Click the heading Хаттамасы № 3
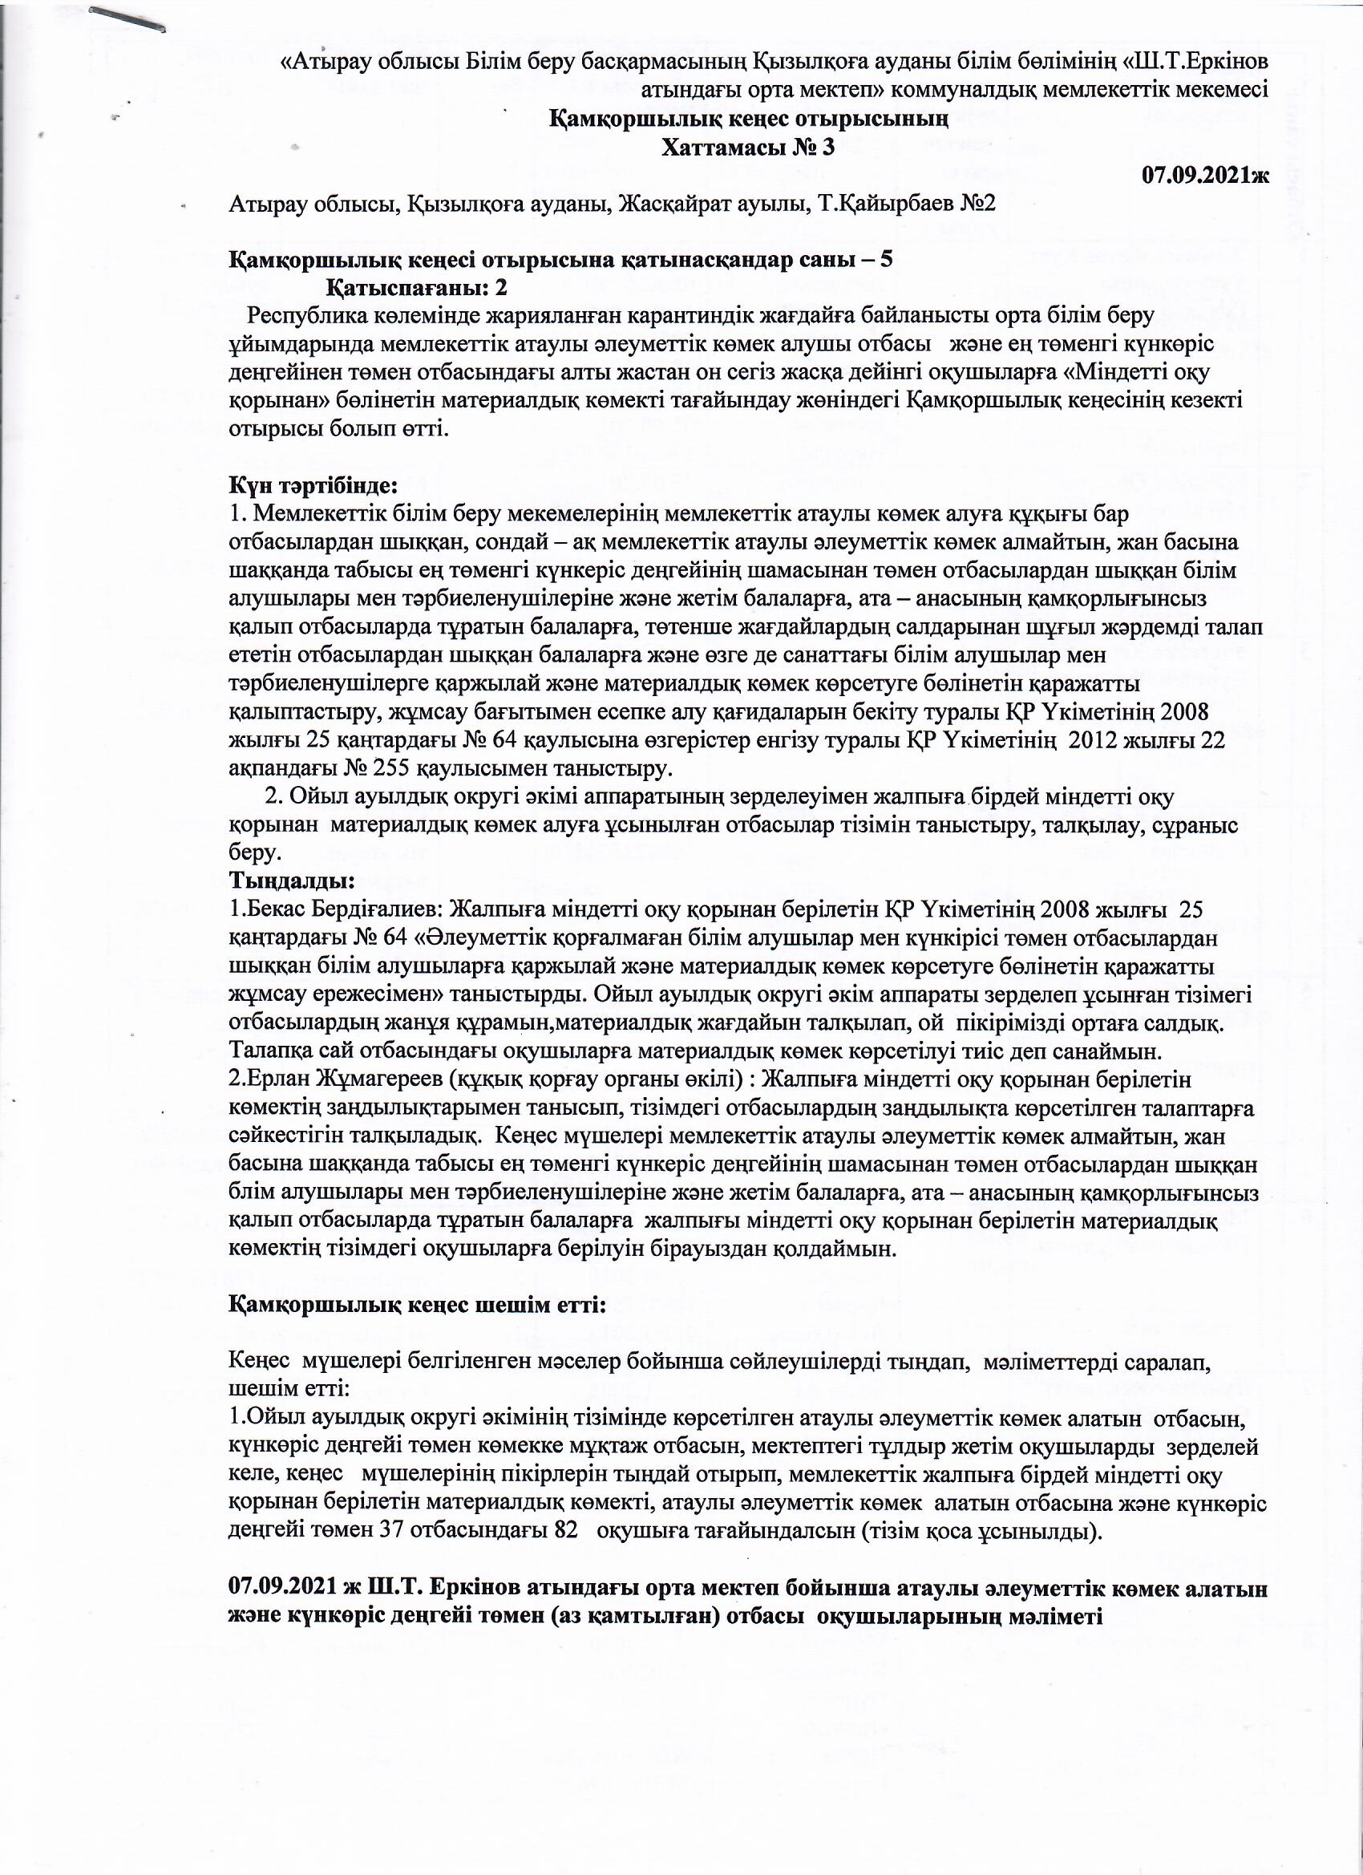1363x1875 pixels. tap(748, 148)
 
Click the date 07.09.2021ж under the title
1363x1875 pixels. tap(1205, 176)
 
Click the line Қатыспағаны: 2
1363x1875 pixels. tap(417, 288)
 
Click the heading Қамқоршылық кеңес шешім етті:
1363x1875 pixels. tap(418, 1306)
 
